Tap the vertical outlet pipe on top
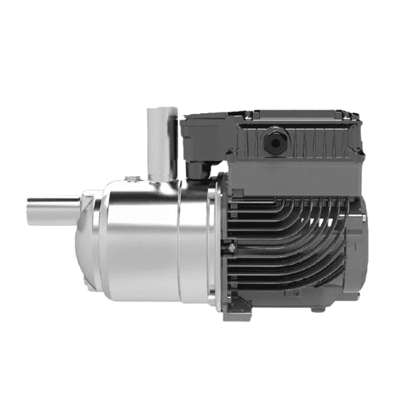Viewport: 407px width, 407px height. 162,141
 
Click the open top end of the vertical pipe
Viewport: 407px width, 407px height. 162,110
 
